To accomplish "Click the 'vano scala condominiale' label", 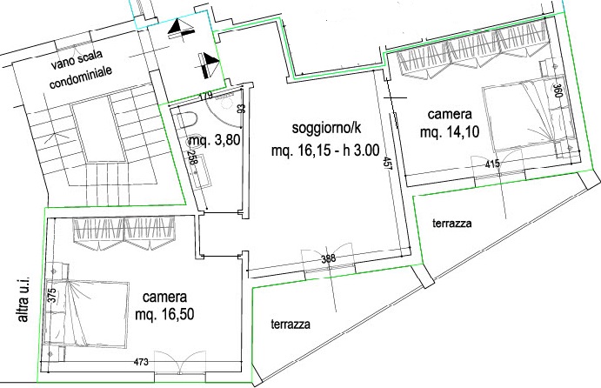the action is (81, 70).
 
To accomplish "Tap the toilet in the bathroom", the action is (187, 119).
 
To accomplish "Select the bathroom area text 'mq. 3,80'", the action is (215, 141).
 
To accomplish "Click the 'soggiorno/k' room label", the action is (326, 128).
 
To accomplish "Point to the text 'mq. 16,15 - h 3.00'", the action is (325, 150).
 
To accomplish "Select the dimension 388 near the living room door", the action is (329, 258).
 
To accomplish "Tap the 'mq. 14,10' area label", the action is (450, 132).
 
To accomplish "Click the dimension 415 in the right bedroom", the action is (492, 164).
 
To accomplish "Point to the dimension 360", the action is (558, 90).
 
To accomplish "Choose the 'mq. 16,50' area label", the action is (164, 314).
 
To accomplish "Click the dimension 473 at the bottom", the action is (141, 362).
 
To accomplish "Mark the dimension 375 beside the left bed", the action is (52, 295).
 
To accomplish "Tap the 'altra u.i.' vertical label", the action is (23, 299).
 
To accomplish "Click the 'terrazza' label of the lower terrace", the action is (290, 324).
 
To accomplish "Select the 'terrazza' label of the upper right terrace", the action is (452, 223).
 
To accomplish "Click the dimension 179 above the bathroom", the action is (206, 96).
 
